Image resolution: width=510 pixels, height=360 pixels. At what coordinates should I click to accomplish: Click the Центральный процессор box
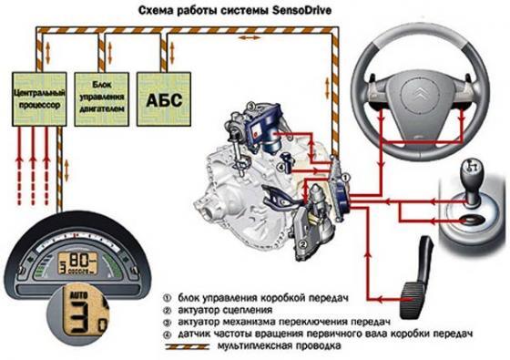(37, 99)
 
